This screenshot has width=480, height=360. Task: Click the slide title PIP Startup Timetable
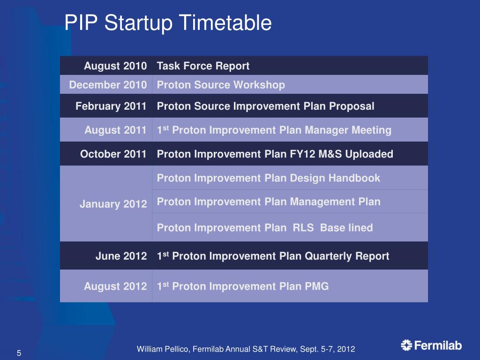[x=168, y=22]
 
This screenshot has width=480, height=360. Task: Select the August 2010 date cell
[x=115, y=66]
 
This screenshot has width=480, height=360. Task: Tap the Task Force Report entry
[x=203, y=66]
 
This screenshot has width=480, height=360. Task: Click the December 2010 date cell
[x=108, y=85]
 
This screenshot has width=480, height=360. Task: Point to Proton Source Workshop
[x=221, y=85]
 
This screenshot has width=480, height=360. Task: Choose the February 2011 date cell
[x=111, y=106]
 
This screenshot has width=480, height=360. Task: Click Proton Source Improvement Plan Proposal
[x=265, y=106]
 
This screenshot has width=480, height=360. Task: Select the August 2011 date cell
[x=115, y=130]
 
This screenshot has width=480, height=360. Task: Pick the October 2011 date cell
[x=113, y=154]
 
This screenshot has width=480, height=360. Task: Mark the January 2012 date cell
[x=113, y=204]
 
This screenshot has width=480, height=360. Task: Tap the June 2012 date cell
[x=121, y=256]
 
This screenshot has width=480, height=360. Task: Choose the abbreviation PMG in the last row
[x=316, y=286]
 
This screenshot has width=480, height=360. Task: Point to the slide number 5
[x=19, y=353]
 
